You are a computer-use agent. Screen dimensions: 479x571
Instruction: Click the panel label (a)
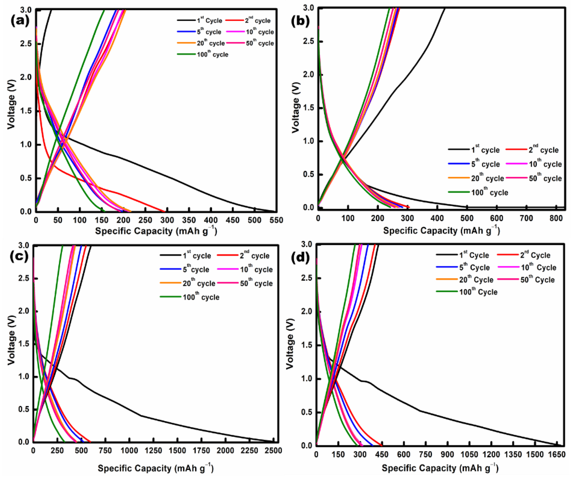point(20,21)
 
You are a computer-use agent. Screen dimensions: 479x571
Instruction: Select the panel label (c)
point(19,256)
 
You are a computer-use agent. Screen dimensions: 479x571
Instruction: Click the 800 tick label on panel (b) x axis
point(556,218)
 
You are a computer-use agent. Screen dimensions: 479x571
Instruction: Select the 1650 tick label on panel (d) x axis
point(556,454)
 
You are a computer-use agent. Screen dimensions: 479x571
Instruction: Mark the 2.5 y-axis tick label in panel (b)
point(309,41)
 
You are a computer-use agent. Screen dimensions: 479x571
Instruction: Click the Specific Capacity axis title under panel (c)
point(155,468)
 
